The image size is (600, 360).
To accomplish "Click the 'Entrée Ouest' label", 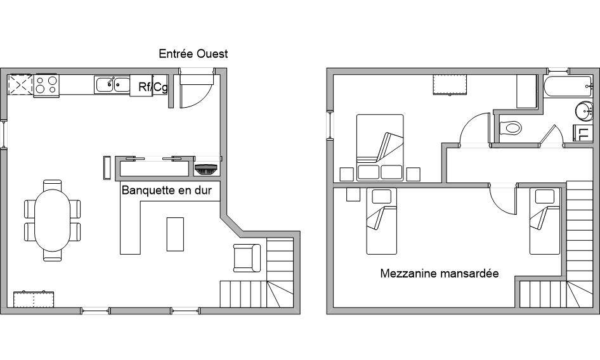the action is pyautogui.click(x=193, y=54).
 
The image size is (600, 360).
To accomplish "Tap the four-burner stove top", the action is pyautogui.click(x=46, y=85).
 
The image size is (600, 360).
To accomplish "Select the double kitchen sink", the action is pyautogui.click(x=112, y=84).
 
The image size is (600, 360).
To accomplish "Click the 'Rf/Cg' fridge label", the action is pyautogui.click(x=153, y=87).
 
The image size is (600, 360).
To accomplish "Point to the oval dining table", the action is pyautogui.click(x=53, y=221).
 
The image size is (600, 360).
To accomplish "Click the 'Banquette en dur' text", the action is pyautogui.click(x=166, y=191).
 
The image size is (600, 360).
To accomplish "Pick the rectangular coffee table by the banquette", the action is pyautogui.click(x=175, y=234).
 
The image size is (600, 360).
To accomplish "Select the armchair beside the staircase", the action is pyautogui.click(x=247, y=258).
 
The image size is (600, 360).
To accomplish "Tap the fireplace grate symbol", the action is pyautogui.click(x=206, y=169).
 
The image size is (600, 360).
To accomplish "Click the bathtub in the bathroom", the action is pyautogui.click(x=568, y=87).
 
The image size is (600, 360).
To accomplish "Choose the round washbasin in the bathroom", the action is pyautogui.click(x=584, y=111).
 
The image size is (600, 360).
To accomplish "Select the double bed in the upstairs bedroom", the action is pyautogui.click(x=380, y=147).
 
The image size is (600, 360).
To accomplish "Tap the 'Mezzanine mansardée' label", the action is pyautogui.click(x=440, y=274).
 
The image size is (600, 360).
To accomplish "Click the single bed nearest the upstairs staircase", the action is pyautogui.click(x=545, y=221).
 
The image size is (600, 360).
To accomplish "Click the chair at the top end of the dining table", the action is pyautogui.click(x=53, y=185).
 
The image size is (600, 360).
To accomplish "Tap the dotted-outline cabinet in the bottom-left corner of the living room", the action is pyautogui.click(x=34, y=299).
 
